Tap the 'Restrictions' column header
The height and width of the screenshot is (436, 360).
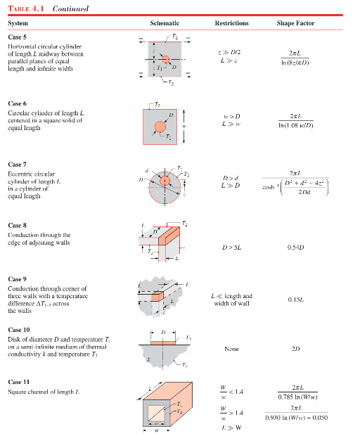coord(231,23)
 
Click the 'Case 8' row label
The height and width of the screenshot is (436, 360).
coord(18,225)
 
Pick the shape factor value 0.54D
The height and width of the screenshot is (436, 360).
coord(295,248)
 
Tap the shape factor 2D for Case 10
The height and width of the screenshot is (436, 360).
coord(295,348)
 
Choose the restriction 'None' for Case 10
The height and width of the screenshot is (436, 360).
coord(231,348)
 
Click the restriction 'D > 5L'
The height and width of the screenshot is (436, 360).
coord(231,248)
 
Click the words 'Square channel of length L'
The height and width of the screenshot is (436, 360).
coord(44,390)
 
